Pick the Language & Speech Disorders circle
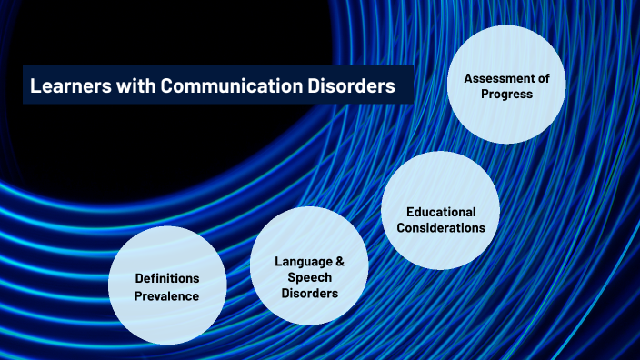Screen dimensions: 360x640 pyautogui.click(x=309, y=277)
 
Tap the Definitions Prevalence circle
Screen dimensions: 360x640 pyautogui.click(x=167, y=285)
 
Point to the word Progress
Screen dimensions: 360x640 pyautogui.click(x=508, y=94)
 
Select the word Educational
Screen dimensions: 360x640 pyautogui.click(x=440, y=212)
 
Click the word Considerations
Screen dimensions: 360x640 pyautogui.click(x=440, y=227)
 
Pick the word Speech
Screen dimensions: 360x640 pyautogui.click(x=309, y=277)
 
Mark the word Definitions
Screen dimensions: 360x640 pyautogui.click(x=167, y=277)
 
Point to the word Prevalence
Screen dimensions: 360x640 pyautogui.click(x=167, y=295)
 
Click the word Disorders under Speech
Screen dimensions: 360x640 pyautogui.click(x=309, y=294)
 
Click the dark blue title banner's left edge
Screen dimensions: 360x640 pyautogui.click(x=25, y=87)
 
